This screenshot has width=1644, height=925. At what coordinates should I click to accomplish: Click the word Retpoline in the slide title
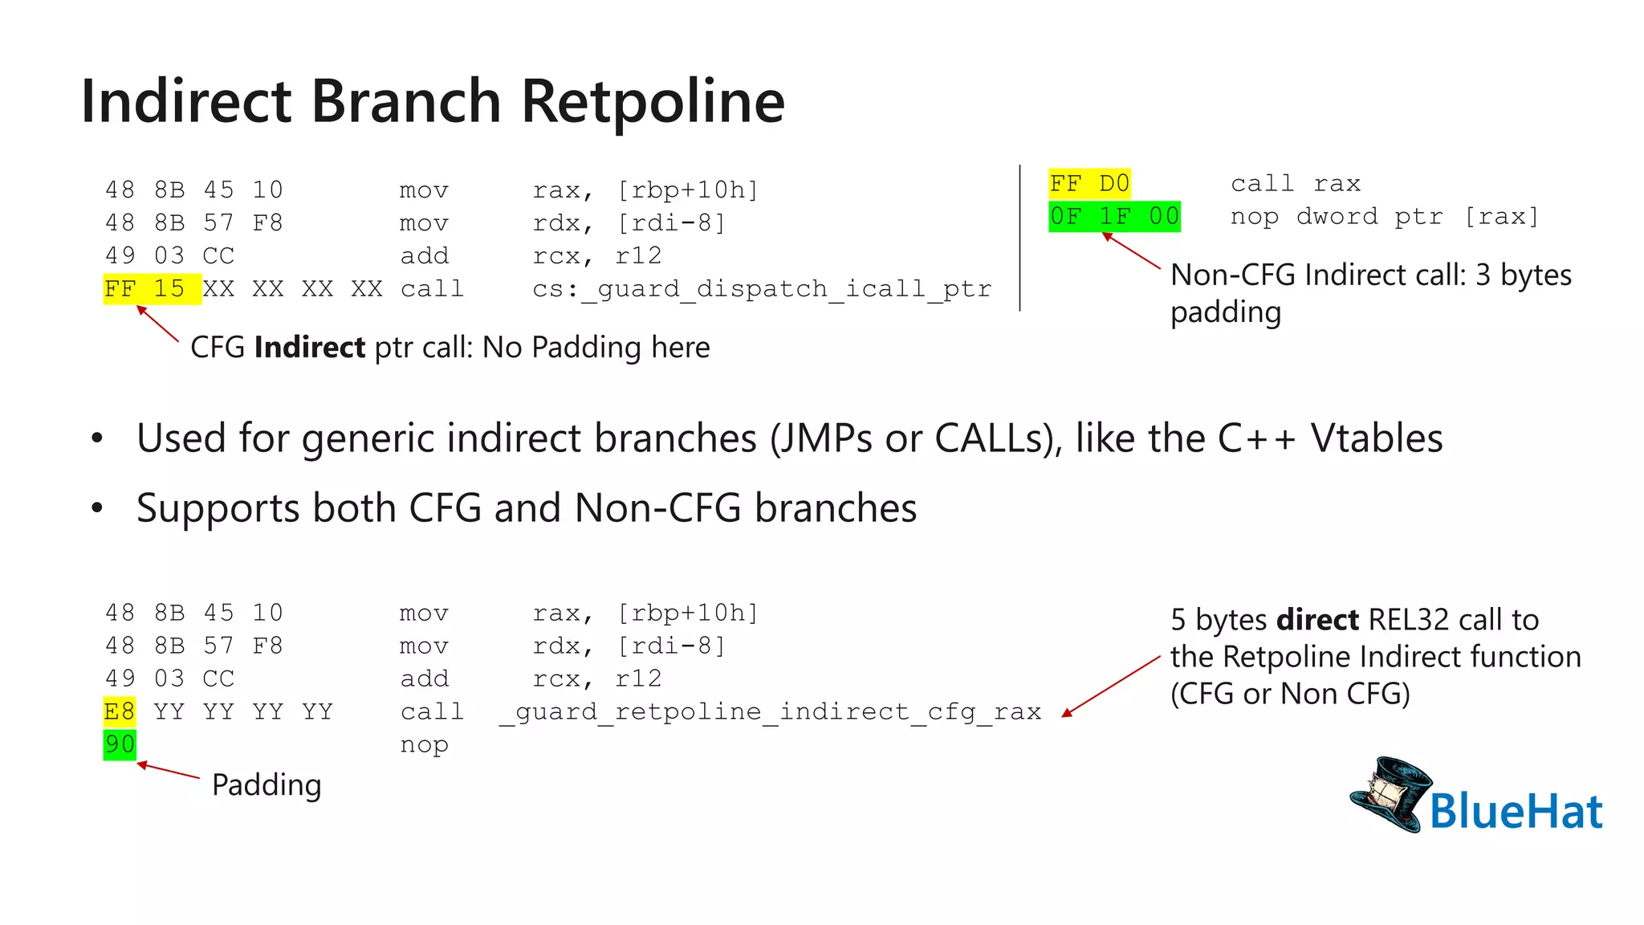(653, 102)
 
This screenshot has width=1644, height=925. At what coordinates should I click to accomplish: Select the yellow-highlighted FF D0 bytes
(1089, 184)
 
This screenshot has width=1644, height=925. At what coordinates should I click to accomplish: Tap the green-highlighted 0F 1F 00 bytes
(1114, 217)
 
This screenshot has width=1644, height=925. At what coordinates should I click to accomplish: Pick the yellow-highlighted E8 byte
(120, 711)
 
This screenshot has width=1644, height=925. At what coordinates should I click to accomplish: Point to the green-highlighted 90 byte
(120, 744)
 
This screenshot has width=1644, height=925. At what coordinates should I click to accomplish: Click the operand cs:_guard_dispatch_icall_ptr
(762, 289)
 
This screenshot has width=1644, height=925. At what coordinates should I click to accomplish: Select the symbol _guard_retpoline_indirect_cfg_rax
(770, 712)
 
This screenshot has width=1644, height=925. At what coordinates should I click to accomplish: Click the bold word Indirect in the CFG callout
(310, 348)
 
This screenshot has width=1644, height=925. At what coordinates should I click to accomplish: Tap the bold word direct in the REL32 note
(1317, 620)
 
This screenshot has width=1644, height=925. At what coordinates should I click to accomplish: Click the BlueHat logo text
(1516, 811)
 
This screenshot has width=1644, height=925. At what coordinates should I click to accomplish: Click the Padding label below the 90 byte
(267, 784)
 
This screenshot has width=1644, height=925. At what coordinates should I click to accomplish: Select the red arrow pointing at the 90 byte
(169, 771)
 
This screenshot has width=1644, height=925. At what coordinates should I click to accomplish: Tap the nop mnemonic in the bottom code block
(424, 745)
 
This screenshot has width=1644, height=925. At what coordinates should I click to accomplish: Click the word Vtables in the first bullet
(1376, 438)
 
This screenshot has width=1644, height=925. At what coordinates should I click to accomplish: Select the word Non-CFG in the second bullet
(657, 508)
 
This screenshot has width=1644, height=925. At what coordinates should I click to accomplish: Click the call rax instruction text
(1295, 184)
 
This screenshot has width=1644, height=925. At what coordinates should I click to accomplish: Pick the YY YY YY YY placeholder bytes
(242, 712)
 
